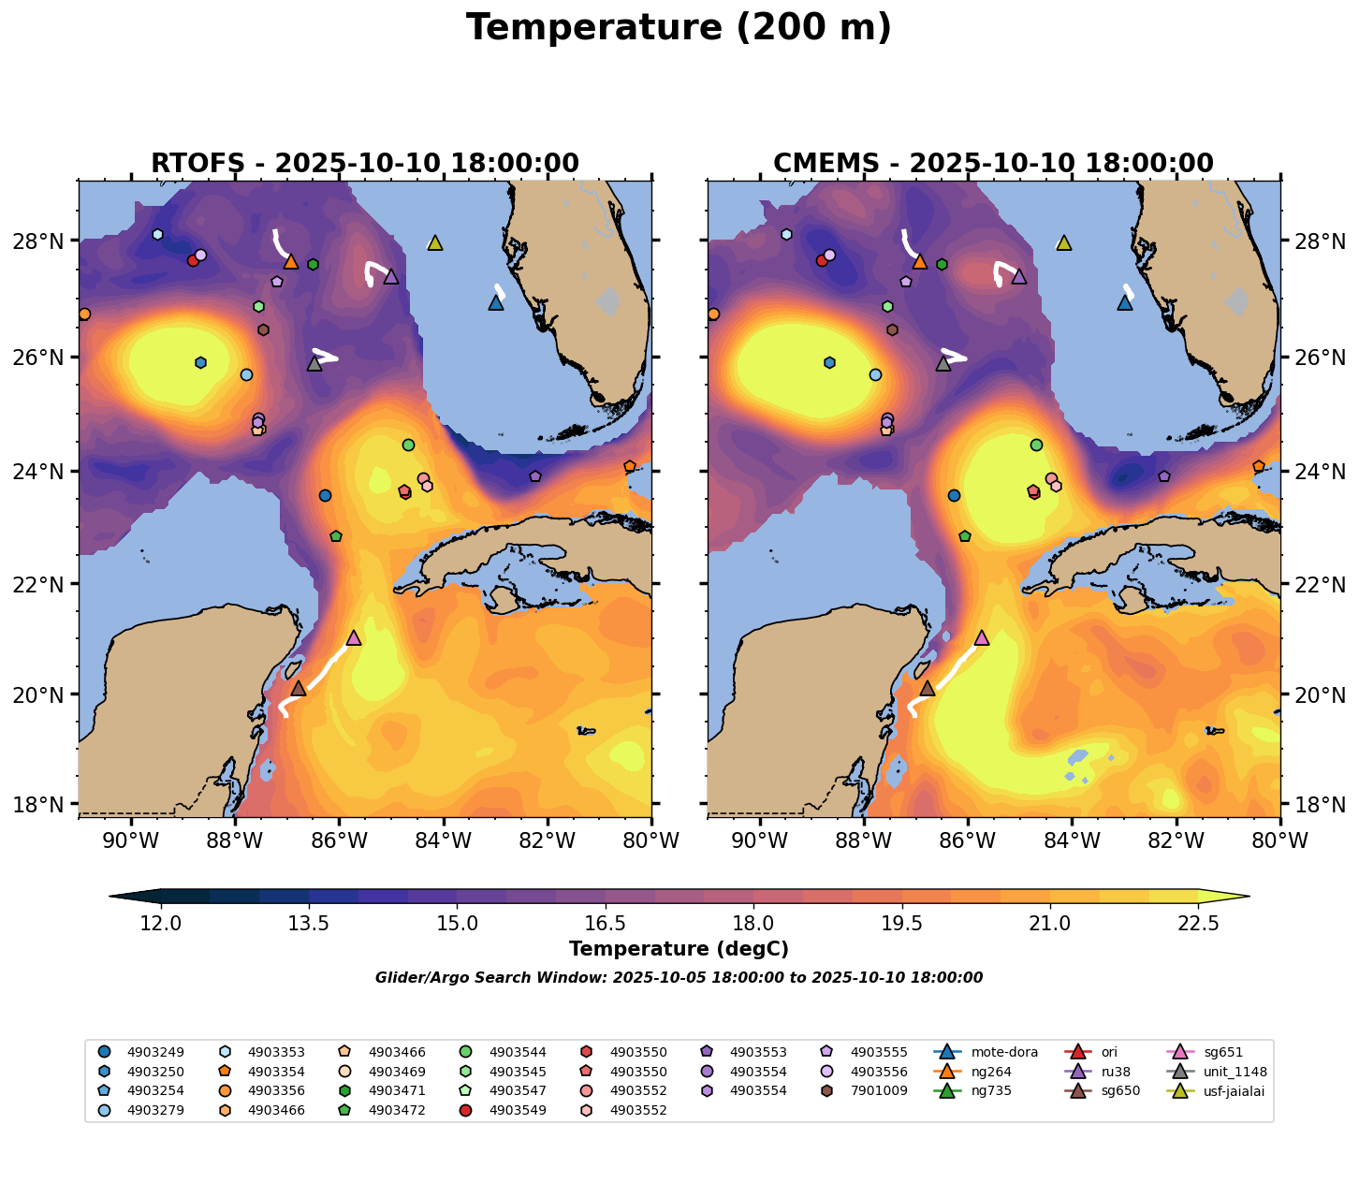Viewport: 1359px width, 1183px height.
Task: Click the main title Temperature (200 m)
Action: [679, 28]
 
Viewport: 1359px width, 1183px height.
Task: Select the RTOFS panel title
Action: [365, 164]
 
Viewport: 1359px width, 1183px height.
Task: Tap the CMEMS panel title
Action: [993, 164]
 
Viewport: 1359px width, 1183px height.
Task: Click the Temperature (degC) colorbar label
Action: [679, 949]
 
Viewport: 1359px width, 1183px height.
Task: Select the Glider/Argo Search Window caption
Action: [679, 978]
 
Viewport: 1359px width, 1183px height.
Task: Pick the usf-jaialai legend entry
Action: [1226, 1090]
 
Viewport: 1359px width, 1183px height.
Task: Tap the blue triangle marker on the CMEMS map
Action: [1125, 302]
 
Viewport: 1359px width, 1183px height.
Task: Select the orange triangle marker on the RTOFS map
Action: [291, 262]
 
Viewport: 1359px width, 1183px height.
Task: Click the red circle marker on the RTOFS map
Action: [193, 260]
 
